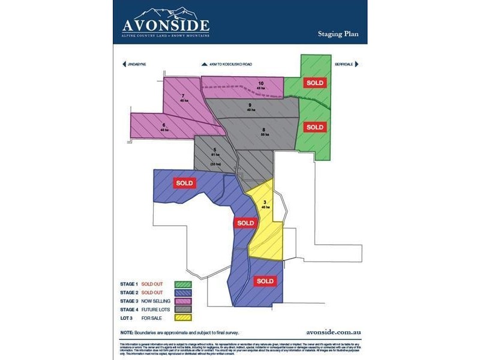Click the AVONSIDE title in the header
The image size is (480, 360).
(166, 25)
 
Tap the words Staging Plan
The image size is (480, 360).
(338, 34)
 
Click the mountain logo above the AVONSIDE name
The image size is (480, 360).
(166, 13)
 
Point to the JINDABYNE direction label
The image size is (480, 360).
(137, 64)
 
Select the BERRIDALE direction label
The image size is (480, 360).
(344, 64)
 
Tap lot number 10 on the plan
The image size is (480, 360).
(261, 83)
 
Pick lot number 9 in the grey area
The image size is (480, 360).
(249, 106)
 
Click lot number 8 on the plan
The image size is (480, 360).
(263, 129)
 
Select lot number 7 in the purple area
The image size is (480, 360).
(182, 95)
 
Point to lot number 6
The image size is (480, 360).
(163, 125)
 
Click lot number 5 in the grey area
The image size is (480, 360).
(214, 150)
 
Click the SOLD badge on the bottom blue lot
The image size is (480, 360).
(264, 281)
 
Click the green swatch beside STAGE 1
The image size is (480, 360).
(183, 284)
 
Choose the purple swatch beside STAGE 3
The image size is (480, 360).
(183, 301)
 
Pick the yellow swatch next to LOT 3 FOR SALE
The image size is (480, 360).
(183, 317)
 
